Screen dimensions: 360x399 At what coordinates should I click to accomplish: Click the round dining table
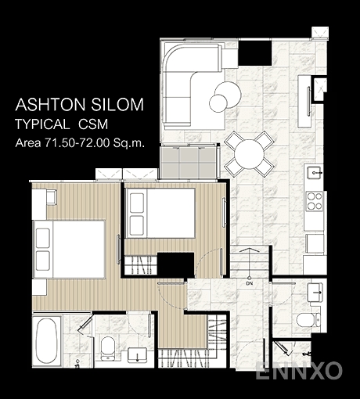(249, 154)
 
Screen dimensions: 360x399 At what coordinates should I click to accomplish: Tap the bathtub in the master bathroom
(46, 341)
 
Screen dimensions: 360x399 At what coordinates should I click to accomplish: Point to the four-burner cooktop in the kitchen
(315, 201)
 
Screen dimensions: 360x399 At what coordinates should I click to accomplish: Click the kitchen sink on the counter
(315, 173)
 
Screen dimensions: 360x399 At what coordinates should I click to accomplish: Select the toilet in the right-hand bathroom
(308, 320)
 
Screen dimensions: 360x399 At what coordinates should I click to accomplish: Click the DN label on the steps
(250, 284)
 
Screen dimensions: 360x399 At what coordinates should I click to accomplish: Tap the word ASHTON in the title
(50, 105)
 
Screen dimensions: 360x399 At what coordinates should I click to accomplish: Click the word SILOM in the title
(117, 105)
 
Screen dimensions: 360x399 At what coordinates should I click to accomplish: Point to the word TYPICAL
(42, 124)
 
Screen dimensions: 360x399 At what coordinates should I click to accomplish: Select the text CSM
(93, 124)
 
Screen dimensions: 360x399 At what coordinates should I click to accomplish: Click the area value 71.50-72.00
(77, 143)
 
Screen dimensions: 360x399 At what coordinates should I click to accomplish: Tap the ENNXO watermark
(298, 371)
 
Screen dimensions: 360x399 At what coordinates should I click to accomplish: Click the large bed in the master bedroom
(69, 250)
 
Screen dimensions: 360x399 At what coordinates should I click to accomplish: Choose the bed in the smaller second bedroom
(160, 213)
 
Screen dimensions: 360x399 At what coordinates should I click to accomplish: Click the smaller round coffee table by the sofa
(218, 103)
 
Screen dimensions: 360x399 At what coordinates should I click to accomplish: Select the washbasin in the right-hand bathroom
(315, 292)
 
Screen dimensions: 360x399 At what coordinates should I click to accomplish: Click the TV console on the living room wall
(304, 102)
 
